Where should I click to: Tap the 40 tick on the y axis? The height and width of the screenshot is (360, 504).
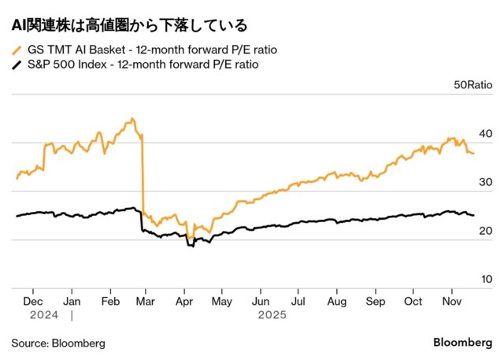(486, 134)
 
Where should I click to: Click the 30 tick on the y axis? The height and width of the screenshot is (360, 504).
(486, 183)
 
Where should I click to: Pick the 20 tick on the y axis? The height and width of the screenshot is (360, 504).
(486, 231)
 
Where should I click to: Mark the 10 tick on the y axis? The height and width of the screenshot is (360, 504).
(486, 279)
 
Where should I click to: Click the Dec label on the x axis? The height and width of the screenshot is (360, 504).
(34, 301)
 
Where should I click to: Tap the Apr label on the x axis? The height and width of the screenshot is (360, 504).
(185, 301)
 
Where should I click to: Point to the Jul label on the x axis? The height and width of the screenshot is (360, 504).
(298, 301)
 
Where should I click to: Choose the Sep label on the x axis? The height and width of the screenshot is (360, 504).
(376, 301)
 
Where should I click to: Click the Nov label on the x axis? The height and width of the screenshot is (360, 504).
(451, 301)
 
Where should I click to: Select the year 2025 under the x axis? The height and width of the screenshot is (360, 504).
(271, 315)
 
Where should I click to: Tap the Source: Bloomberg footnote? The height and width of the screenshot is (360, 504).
(58, 343)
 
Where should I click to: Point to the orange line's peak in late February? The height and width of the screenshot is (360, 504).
(132, 119)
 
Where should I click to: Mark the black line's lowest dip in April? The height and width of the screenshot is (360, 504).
(190, 246)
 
